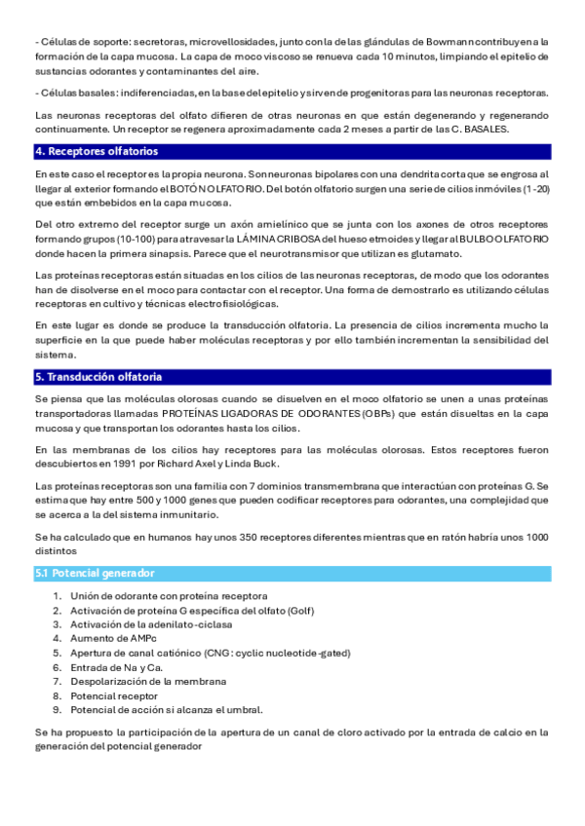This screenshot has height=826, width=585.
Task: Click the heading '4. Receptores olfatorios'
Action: (96, 152)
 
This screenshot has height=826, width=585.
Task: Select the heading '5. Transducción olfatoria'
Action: (98, 377)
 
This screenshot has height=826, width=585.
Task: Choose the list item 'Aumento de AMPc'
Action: (113, 638)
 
